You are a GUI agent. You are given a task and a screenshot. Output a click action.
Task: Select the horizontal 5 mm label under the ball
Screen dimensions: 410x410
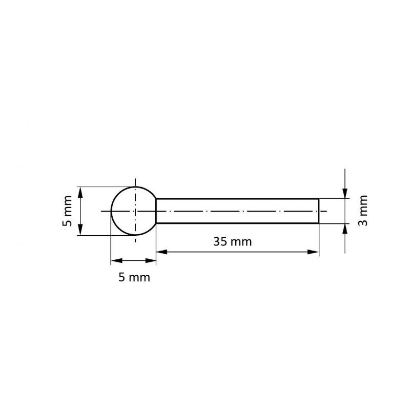(134, 277)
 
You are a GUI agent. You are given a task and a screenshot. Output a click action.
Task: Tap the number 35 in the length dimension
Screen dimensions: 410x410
(220, 242)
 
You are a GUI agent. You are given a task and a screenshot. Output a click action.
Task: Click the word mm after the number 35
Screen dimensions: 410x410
(241, 242)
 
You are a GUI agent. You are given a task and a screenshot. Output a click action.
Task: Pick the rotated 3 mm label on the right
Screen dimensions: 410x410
(363, 211)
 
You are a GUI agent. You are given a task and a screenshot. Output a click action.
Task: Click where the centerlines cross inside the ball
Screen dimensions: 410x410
(135, 211)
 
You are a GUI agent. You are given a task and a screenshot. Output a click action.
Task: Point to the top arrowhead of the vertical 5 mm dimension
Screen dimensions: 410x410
(80, 191)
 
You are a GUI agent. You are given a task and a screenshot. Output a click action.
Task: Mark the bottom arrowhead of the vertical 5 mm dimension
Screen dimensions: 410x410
(80, 231)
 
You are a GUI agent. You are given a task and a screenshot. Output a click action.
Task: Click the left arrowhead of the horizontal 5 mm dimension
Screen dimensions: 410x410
(115, 261)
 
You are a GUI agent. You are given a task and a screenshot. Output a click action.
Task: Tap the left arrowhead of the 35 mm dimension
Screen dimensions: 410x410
(160, 251)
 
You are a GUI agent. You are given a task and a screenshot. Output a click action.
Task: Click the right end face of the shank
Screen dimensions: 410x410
(319, 211)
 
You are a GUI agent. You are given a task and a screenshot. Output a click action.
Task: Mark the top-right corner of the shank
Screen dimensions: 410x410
(319, 198)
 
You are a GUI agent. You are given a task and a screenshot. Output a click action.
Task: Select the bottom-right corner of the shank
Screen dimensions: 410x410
(319, 223)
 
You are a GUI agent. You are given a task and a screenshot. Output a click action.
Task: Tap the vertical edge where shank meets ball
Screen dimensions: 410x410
(156, 211)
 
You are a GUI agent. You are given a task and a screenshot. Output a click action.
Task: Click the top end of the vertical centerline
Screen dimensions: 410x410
(135, 179)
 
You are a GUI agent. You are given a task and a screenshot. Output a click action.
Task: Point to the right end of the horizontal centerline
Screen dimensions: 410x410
(326, 211)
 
